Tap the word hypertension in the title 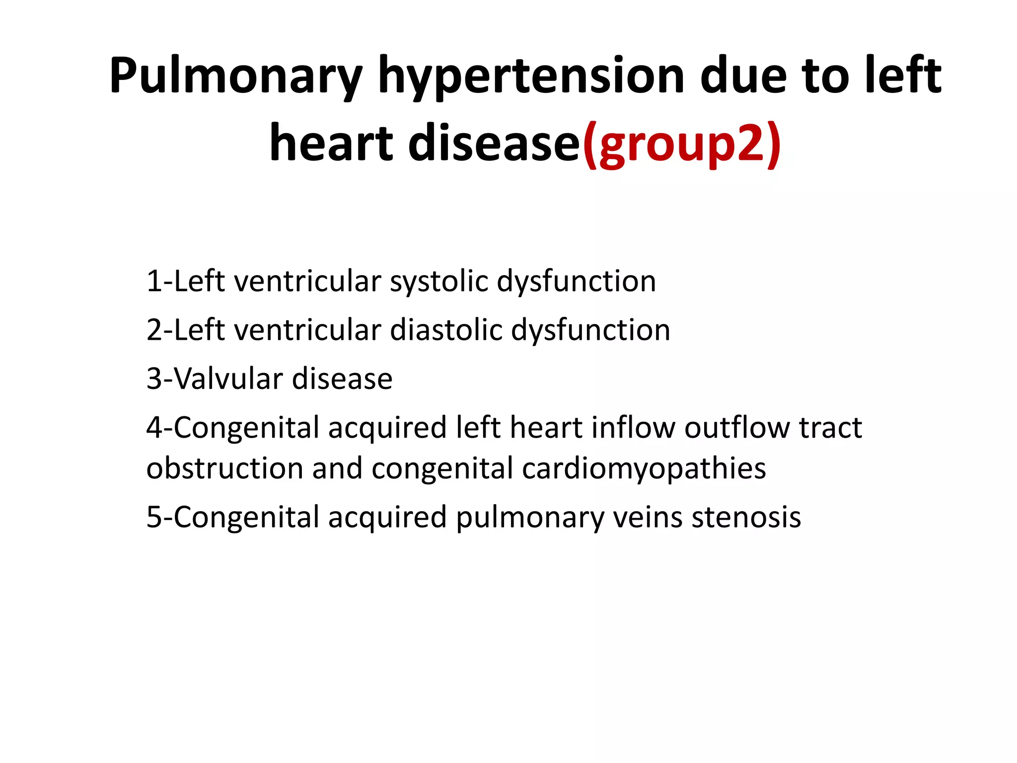[x=531, y=76]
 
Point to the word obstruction [x=224, y=468]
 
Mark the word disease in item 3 [x=342, y=379]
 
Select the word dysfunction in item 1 [x=577, y=281]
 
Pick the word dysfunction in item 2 [x=590, y=330]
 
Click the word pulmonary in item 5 [x=530, y=517]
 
